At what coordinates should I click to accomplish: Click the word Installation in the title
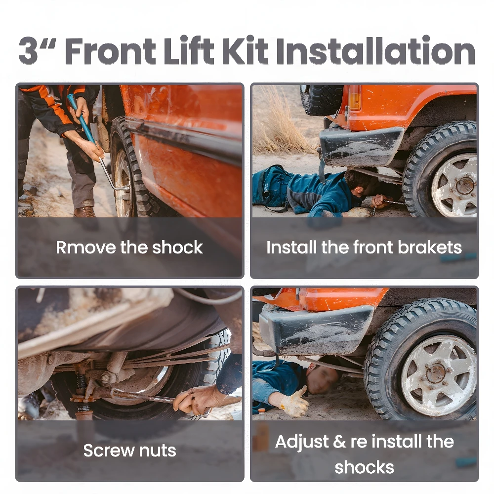point(375,51)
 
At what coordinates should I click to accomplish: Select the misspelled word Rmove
point(86,247)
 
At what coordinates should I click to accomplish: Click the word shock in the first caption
point(178,247)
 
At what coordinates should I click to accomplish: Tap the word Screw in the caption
point(109,451)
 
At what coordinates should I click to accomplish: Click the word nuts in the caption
point(158,451)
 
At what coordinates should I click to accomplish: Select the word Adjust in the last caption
point(302,442)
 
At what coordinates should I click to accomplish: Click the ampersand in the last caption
point(339,442)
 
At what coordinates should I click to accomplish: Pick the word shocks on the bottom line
point(364,467)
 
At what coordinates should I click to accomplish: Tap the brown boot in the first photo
point(85,212)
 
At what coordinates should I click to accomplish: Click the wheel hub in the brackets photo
point(465,186)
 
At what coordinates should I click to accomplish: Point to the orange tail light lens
point(354,97)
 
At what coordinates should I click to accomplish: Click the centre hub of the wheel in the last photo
point(436,373)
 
